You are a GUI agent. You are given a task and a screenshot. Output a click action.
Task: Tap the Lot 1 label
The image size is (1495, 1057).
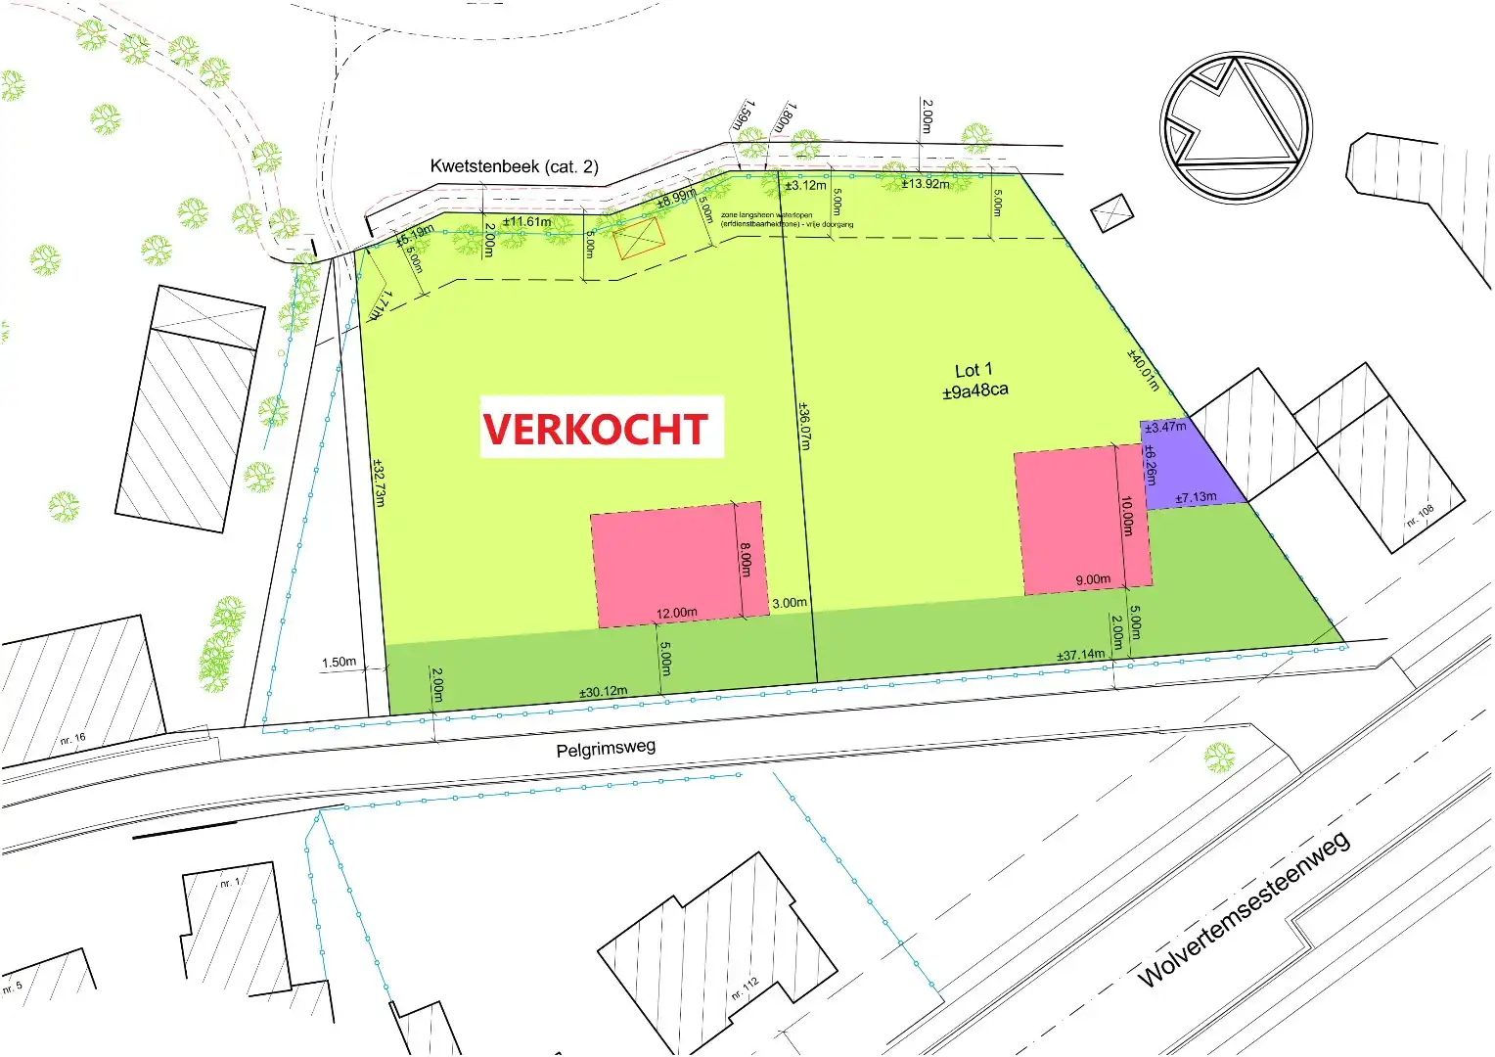point(974,370)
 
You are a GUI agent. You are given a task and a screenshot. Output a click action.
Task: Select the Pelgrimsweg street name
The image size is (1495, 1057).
point(606,749)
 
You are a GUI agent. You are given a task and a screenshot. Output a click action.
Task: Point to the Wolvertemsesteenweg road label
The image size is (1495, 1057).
point(1244,908)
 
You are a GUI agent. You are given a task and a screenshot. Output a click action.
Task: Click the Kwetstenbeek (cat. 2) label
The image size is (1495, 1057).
point(514,166)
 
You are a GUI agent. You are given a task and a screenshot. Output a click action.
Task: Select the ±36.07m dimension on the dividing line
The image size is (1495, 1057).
point(804,426)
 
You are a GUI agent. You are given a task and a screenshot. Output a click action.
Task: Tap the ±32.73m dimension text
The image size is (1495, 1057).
point(379,483)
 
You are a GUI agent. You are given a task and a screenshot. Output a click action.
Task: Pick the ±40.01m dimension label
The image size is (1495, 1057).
point(1143,370)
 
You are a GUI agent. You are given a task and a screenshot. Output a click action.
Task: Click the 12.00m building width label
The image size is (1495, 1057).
point(676,614)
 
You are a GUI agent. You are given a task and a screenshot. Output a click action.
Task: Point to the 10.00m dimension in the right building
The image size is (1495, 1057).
point(1127,516)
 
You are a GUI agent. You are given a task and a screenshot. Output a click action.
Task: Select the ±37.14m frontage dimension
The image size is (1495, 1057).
point(1080,655)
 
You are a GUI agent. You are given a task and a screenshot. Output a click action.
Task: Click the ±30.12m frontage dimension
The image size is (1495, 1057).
point(603,692)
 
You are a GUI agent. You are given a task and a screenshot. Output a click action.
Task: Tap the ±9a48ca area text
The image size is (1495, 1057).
point(974,391)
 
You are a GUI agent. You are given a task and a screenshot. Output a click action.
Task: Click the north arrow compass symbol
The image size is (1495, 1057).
point(1236,127)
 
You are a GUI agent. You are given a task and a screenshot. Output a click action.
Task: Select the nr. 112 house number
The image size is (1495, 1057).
point(745,988)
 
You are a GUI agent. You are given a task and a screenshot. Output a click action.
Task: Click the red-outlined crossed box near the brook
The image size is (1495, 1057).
point(639,239)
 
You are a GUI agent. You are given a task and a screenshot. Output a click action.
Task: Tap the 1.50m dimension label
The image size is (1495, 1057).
point(339,663)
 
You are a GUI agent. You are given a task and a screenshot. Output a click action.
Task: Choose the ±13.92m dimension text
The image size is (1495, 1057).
point(925,184)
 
